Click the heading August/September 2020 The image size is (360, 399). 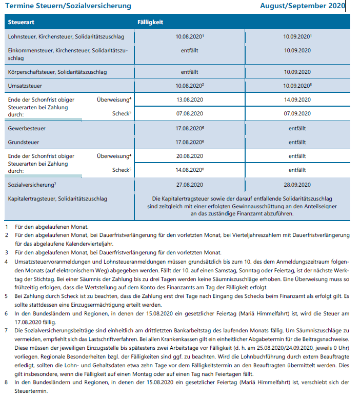302,6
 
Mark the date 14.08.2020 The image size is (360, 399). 190,169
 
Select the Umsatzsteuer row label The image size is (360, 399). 25,85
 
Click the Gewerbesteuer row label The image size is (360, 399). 27,128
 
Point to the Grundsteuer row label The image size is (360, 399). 24,142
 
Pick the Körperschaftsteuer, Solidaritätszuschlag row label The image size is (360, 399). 57,72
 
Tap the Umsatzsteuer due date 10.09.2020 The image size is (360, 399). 297,85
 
